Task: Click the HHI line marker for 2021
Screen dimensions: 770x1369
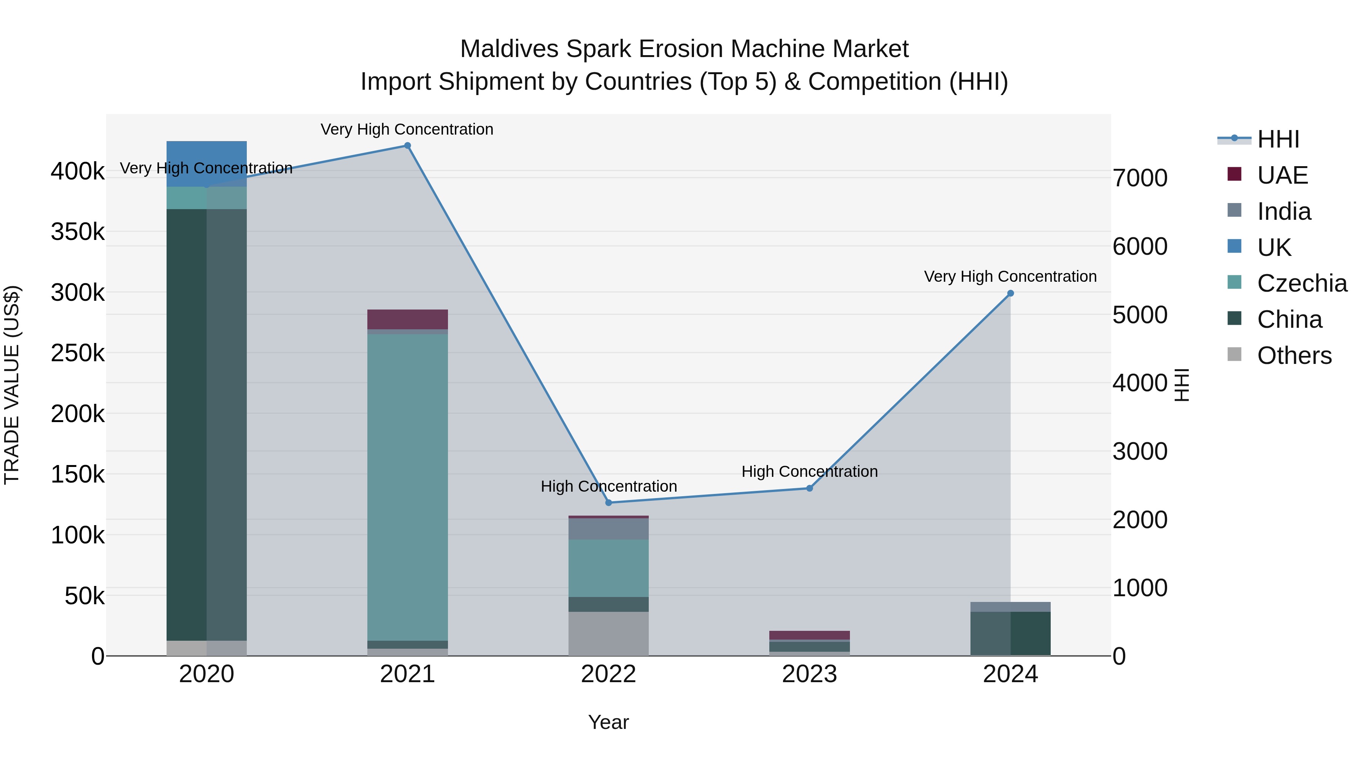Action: [x=408, y=146]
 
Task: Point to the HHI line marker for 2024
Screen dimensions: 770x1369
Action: [x=1010, y=293]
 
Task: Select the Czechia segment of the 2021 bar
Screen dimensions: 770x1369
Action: [x=408, y=486]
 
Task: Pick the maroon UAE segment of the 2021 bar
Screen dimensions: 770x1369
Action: [x=408, y=319]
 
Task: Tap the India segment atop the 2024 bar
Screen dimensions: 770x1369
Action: [x=1010, y=607]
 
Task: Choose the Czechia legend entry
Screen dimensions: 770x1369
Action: [x=1302, y=283]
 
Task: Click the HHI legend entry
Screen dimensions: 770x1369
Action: [x=1278, y=139]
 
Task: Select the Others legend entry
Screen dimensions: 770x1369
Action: [x=1294, y=356]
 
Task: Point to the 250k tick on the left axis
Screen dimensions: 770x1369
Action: [x=78, y=353]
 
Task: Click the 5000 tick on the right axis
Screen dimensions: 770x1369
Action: [x=1140, y=314]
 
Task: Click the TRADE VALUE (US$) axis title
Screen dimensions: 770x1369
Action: [x=12, y=385]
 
